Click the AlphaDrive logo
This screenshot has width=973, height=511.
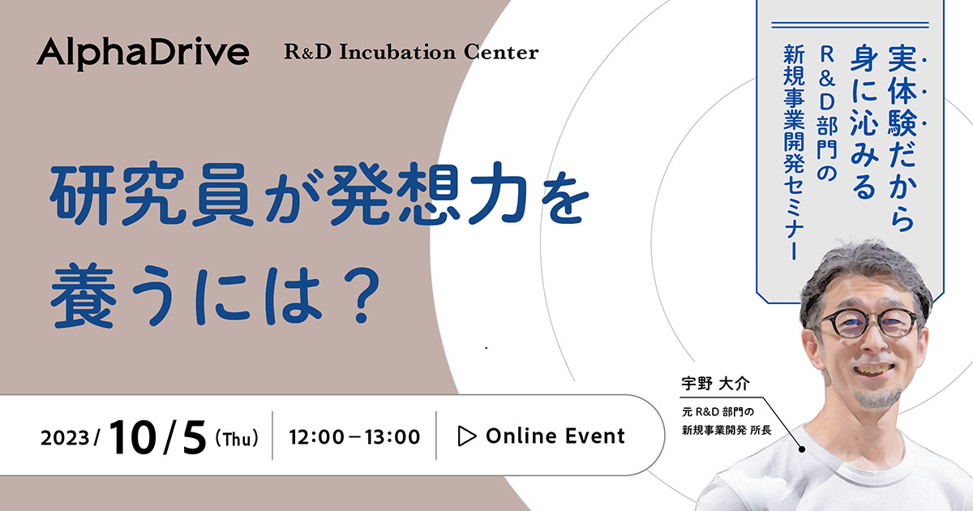tap(143, 53)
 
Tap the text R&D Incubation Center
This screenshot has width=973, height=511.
tap(411, 52)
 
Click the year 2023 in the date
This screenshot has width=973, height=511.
tap(65, 438)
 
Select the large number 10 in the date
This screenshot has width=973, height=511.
tap(132, 436)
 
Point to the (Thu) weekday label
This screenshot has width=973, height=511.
tap(237, 437)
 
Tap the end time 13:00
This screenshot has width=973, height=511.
tap(392, 437)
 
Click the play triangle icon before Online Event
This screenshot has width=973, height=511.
tap(467, 436)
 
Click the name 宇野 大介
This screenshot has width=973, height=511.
tap(715, 384)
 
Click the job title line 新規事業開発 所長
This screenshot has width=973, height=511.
tap(727, 430)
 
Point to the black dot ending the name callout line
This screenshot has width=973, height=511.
tap(802, 449)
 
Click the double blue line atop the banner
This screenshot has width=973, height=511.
tap(850, 25)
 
